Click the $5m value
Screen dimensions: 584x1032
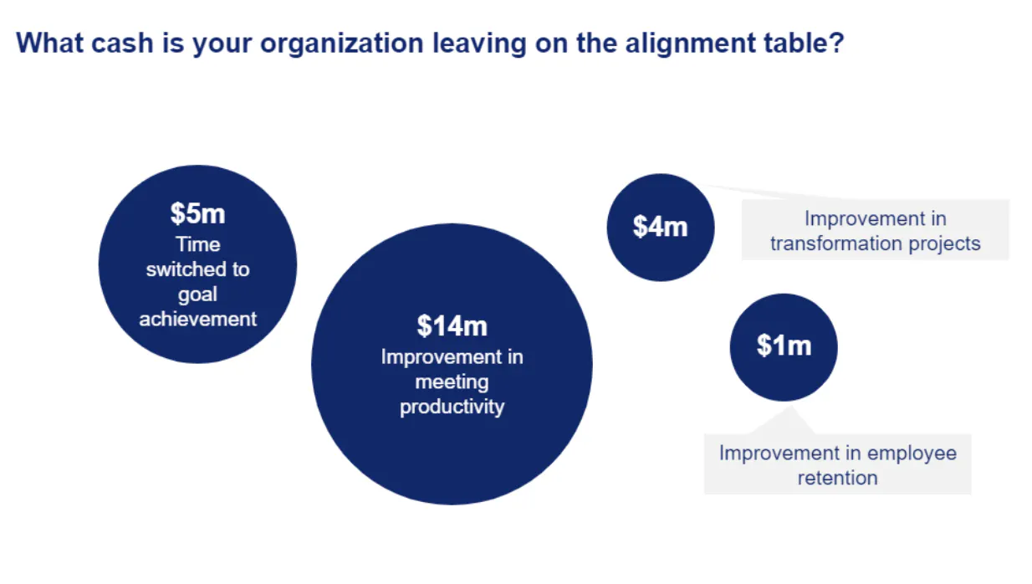(197, 213)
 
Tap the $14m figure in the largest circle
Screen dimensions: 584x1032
(452, 325)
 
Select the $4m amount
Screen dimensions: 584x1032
(660, 226)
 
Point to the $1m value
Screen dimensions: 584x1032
(784, 345)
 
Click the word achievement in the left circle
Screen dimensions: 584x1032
(198, 319)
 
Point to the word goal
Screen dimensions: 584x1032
(197, 295)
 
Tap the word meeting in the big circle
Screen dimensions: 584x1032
(452, 382)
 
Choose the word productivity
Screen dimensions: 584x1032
(452, 407)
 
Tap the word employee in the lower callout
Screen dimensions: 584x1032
(912, 453)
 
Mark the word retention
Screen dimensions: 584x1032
(837, 478)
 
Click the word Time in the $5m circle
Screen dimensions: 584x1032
(198, 244)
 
